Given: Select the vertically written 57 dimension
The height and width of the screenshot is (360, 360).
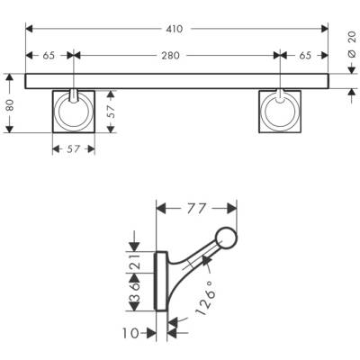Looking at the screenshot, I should click(x=112, y=111).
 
